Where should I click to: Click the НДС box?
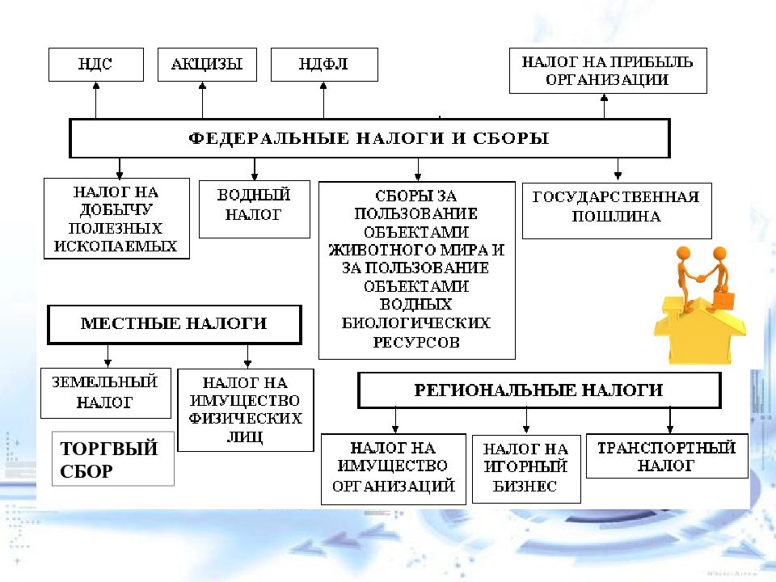(96, 65)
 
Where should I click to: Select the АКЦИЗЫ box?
(207, 65)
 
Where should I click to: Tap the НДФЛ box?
(324, 65)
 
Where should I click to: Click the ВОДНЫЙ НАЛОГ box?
(255, 209)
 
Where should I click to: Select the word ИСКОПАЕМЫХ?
(116, 246)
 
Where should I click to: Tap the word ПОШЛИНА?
(616, 217)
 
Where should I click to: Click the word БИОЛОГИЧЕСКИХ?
(415, 323)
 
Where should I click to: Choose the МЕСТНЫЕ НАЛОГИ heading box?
(175, 324)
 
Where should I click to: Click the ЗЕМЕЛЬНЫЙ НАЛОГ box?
(105, 393)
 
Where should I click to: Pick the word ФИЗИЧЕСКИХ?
(245, 419)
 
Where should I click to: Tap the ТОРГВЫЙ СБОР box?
(113, 459)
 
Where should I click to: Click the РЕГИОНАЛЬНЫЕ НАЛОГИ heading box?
(539, 390)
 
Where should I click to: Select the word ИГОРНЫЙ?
(525, 466)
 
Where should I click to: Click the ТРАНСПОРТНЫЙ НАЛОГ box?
(667, 456)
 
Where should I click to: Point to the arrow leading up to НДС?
(96, 100)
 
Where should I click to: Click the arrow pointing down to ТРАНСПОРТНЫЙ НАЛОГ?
(670, 420)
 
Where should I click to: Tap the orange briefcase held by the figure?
(723, 300)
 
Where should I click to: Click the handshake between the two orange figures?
(701, 277)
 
